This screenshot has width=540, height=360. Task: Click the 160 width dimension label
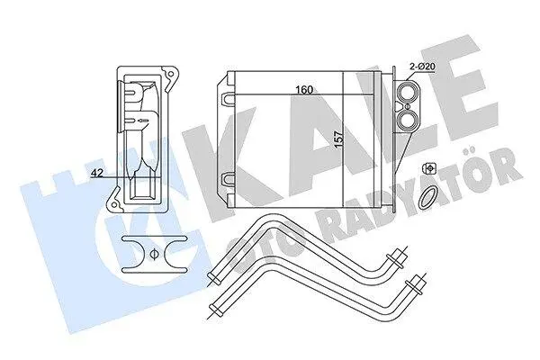304,90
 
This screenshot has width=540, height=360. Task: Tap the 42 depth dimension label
97,174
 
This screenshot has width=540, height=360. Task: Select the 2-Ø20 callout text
423,67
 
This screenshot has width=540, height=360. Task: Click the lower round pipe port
408,118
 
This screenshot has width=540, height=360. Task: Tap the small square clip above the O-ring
429,168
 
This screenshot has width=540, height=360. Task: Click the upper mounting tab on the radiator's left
228,98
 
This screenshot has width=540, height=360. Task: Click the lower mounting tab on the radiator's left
228,180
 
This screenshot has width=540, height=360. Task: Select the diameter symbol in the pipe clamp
154,254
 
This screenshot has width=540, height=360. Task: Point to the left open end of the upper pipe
213,277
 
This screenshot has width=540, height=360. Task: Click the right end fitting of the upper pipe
396,258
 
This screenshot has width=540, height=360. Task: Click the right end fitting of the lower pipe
414,284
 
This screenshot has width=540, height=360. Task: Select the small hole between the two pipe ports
408,105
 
